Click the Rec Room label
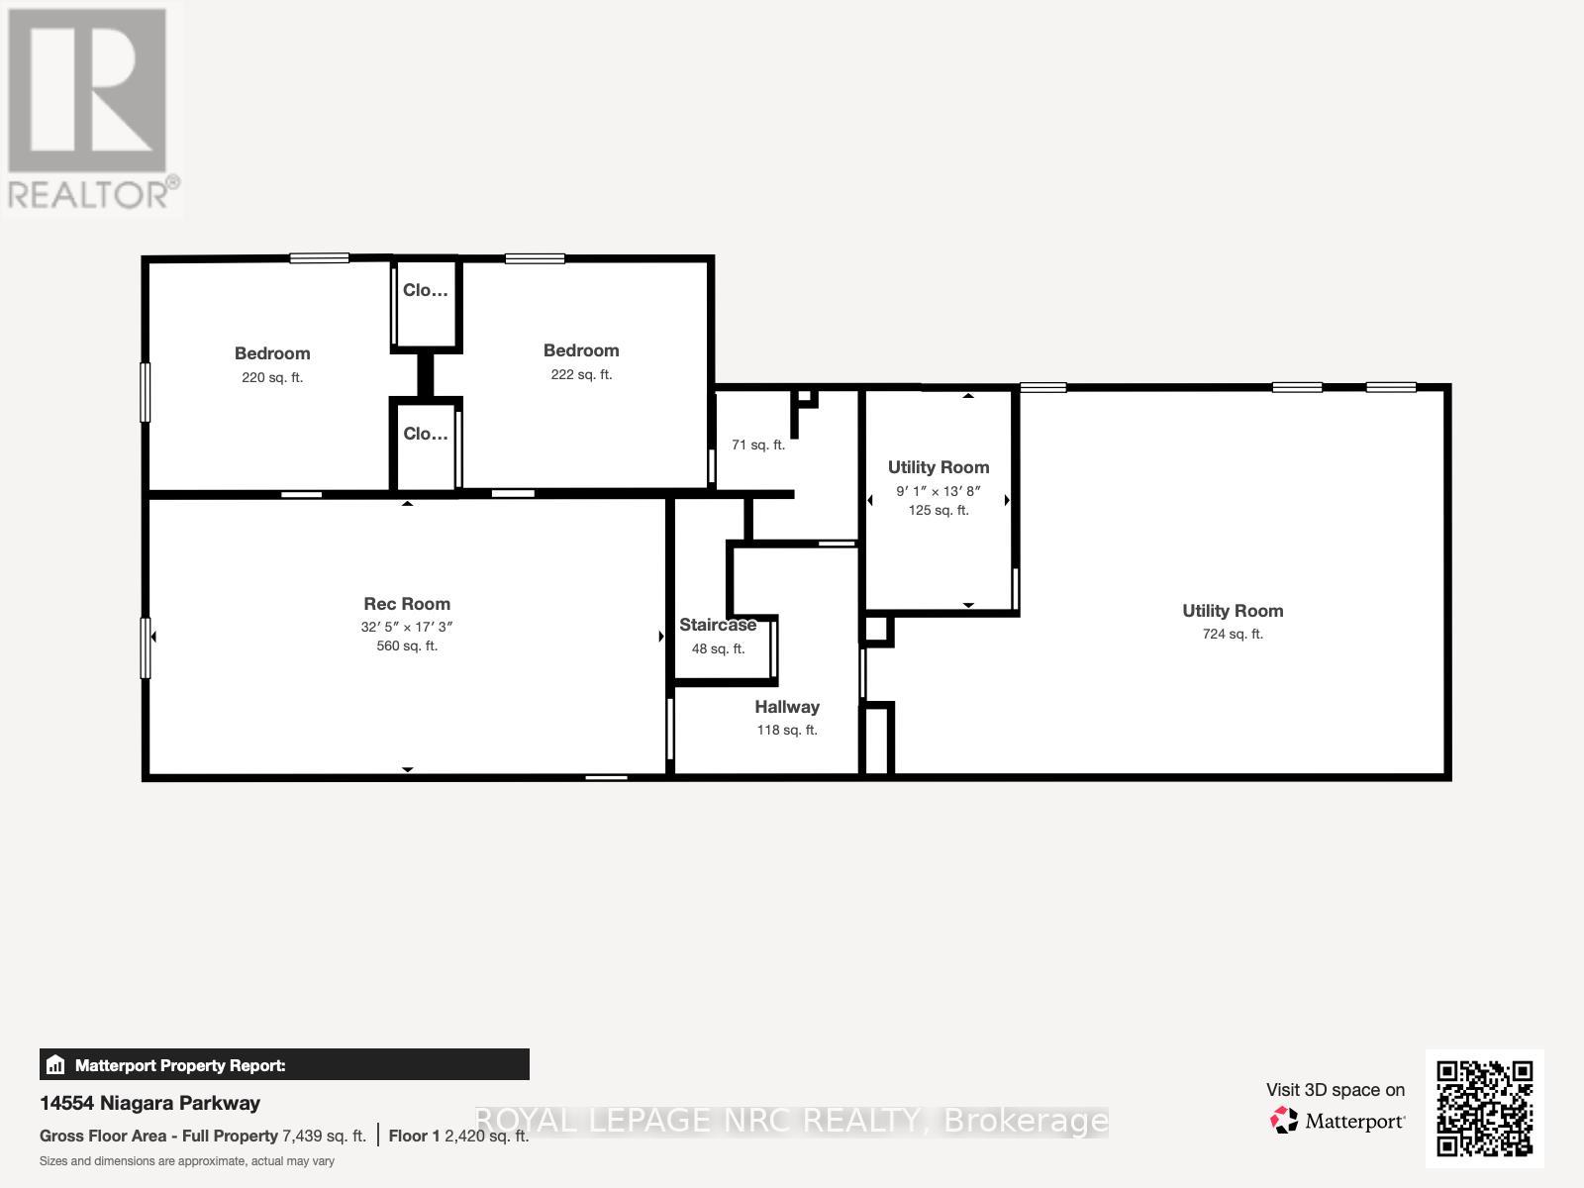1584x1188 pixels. [x=407, y=604]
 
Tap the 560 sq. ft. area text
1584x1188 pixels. [x=407, y=646]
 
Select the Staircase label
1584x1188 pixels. [x=718, y=625]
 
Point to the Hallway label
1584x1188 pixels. [x=787, y=707]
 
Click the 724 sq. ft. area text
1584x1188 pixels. [x=1233, y=635]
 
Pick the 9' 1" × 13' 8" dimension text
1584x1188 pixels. [x=939, y=491]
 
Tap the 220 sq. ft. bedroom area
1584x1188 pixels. [x=272, y=378]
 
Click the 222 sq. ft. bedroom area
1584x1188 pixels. [x=581, y=375]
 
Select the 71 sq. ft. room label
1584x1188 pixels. [x=758, y=445]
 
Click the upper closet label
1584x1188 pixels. [x=426, y=291]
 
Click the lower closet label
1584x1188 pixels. [x=426, y=435]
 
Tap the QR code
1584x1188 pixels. [x=1484, y=1109]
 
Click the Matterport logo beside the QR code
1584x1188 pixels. [x=1338, y=1122]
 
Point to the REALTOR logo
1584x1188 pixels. [x=91, y=109]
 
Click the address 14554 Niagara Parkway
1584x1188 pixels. [x=150, y=1103]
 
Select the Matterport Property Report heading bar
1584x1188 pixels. [x=284, y=1065]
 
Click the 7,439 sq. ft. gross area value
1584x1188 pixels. [x=324, y=1137]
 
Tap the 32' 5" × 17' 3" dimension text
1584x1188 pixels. [x=407, y=627]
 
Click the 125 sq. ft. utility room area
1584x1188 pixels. [x=939, y=511]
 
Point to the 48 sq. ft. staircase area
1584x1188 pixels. [x=718, y=649]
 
